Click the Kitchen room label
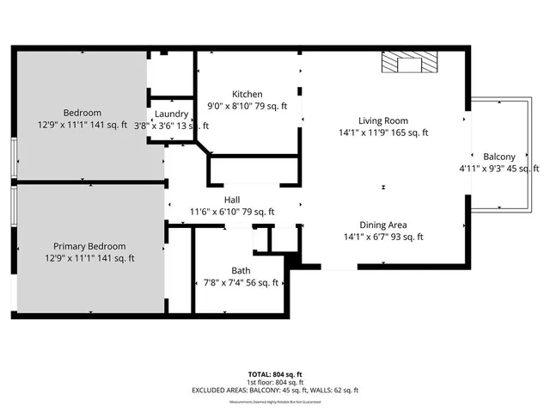[247, 94]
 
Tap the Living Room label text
[383, 120]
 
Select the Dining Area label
[383, 224]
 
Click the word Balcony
[499, 156]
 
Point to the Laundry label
[172, 114]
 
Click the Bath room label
[240, 270]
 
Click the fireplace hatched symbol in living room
[409, 63]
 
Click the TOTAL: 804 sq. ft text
[274, 373]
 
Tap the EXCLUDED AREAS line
[274, 390]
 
